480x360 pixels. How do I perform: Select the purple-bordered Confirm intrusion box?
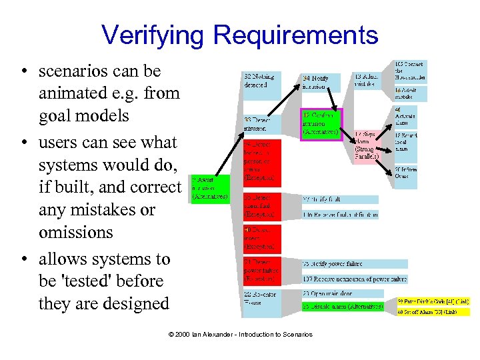321,123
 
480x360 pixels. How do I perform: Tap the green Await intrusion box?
210,188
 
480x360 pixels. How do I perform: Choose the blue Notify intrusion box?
321,82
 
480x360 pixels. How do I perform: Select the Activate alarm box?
406,117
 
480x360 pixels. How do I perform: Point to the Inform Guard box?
406,173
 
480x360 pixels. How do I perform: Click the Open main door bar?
343,293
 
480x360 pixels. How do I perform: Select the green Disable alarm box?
343,307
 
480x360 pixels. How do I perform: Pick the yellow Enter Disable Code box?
434,301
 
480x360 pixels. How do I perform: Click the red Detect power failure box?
262,269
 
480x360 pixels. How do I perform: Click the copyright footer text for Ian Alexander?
239,334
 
